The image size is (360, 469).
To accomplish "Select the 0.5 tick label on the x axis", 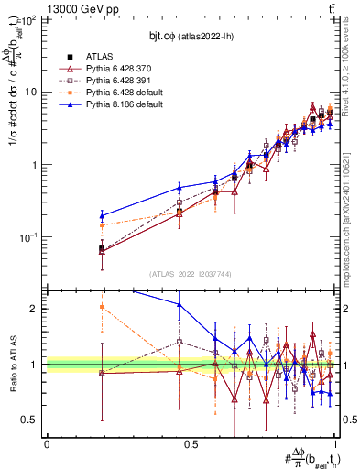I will pos(191,444).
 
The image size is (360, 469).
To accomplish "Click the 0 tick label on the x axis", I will pos(47,444).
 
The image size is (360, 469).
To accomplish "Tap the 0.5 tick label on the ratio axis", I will pos(32,420).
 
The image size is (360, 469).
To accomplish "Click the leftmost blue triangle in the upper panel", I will pos(101,216).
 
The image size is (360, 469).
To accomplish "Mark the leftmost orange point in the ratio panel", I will pos(101,307).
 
